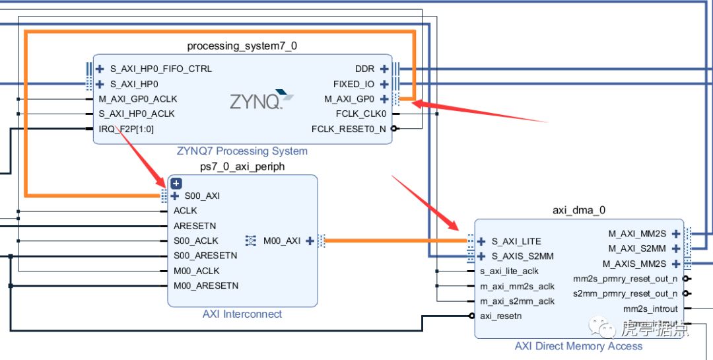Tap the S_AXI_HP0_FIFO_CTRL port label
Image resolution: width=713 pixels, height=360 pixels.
click(161, 69)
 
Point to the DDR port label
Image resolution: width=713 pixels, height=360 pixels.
click(364, 69)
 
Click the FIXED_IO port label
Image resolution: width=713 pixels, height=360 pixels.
click(354, 84)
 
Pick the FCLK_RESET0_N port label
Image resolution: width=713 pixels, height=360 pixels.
click(349, 129)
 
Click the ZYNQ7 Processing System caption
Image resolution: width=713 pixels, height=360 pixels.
click(242, 151)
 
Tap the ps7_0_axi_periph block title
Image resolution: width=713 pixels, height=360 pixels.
click(242, 166)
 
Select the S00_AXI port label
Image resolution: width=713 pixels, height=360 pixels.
click(202, 196)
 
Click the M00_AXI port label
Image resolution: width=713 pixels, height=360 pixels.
click(282, 241)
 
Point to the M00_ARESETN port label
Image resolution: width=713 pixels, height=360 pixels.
click(206, 286)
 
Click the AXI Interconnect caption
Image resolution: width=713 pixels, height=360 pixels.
click(242, 314)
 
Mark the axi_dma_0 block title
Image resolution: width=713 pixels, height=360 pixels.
click(579, 211)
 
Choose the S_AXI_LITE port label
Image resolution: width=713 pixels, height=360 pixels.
click(516, 242)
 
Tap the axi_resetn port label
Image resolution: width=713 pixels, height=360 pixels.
click(500, 316)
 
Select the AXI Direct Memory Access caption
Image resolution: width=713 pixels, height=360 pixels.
click(578, 346)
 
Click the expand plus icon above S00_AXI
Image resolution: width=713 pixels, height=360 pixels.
click(176, 184)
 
